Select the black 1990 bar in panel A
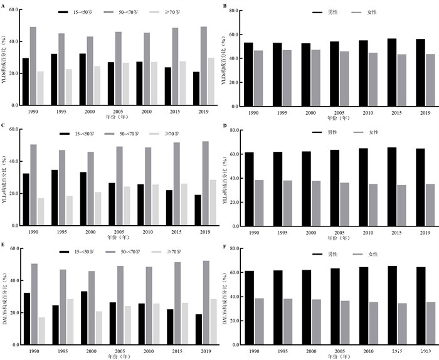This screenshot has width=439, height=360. pos(25,82)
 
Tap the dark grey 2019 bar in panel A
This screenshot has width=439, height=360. pos(204,66)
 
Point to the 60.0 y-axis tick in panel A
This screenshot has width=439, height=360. pos(13,11)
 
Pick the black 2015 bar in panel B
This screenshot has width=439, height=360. pos(392,72)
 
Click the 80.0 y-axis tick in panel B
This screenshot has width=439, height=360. pos(233,11)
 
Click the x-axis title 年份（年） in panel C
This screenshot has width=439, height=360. pos(117,237)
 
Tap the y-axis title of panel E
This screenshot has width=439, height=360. pos(5,299)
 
